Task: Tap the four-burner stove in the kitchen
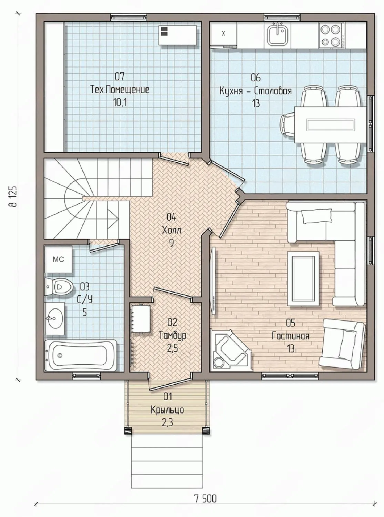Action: click(332, 35)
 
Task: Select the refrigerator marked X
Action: click(223, 34)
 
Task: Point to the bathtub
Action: click(81, 355)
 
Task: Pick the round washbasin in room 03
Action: click(54, 318)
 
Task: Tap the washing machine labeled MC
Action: click(58, 259)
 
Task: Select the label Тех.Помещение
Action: click(120, 90)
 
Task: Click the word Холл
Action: click(172, 231)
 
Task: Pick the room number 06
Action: click(255, 78)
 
